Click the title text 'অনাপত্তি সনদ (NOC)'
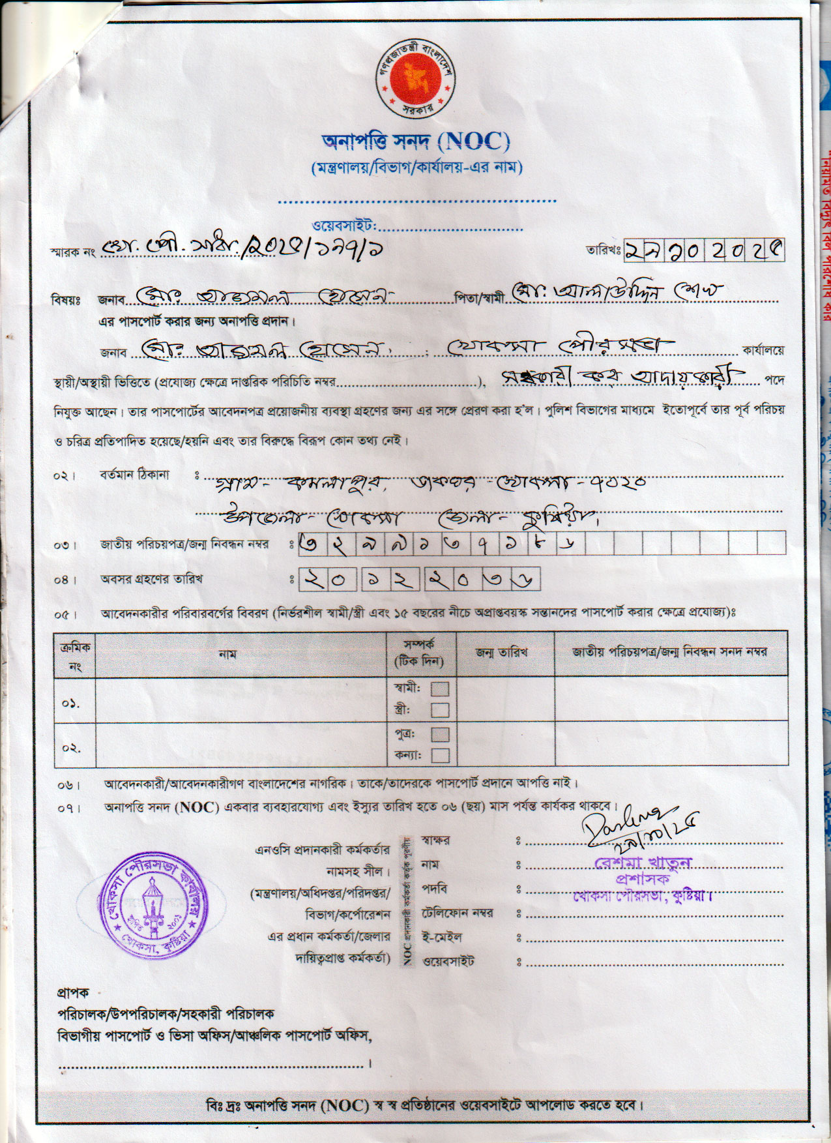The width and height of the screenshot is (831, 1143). click(415, 141)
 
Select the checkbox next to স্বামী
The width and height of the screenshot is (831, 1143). click(440, 689)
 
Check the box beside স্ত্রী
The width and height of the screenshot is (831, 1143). click(440, 710)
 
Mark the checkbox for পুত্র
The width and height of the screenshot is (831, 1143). click(440, 734)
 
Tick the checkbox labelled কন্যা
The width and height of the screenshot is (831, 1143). click(440, 755)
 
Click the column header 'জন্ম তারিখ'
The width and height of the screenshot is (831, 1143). click(501, 653)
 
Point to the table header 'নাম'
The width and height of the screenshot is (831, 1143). click(227, 654)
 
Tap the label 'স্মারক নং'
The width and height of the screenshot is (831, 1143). click(72, 252)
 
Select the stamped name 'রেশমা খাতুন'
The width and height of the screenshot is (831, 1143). click(643, 863)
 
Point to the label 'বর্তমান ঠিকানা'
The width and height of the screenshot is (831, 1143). click(135, 475)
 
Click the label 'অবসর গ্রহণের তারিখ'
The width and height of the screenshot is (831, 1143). click(151, 579)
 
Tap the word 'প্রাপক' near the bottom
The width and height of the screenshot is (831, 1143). click(73, 993)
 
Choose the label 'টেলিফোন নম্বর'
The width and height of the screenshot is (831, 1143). click(457, 913)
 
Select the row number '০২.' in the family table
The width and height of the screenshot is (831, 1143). click(71, 747)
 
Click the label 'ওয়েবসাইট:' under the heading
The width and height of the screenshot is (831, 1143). click(345, 226)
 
